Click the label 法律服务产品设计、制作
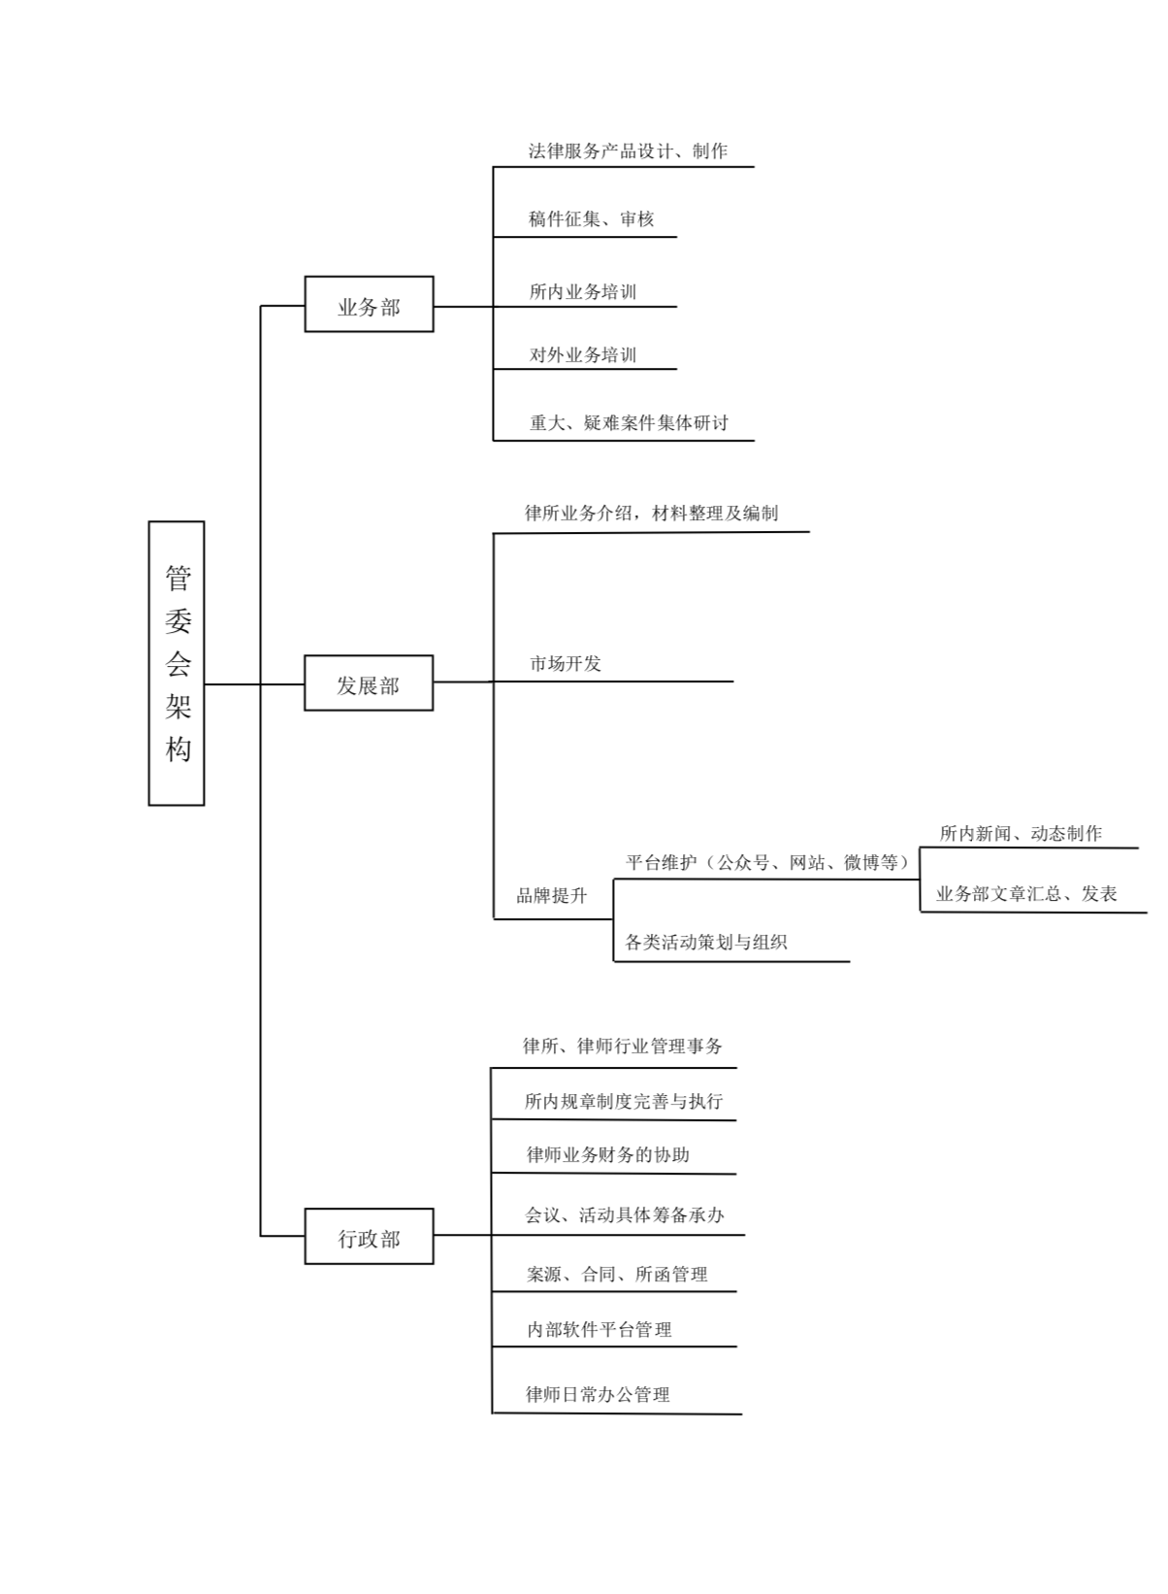point(628,150)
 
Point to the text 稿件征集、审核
point(591,219)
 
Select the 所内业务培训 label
point(583,292)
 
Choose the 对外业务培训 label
point(583,354)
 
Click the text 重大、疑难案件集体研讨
point(629,422)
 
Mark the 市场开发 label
point(566,664)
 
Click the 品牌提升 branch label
point(552,895)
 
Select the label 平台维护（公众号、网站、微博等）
point(767,862)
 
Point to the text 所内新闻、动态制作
point(1021,833)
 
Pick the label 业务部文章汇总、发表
point(1026,894)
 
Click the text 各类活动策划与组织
point(705,943)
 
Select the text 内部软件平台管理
point(599,1329)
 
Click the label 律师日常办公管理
point(598,1394)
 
